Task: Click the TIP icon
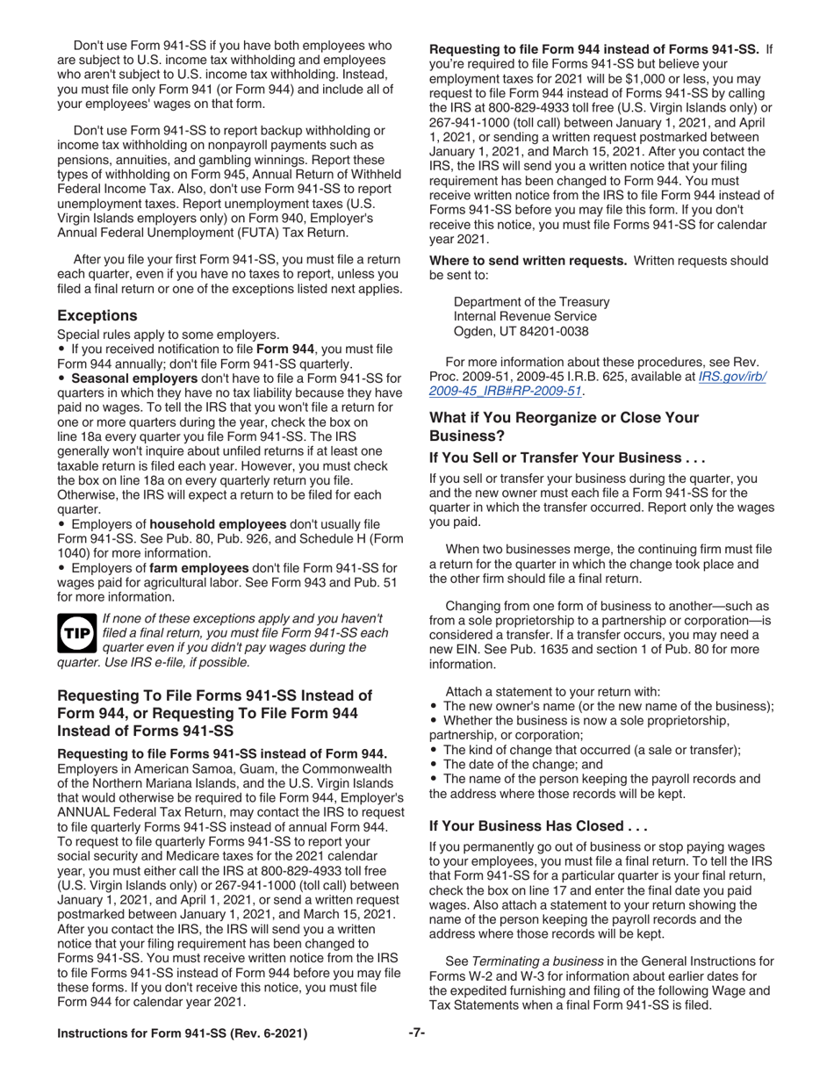(76, 631)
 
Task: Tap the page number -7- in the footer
(417, 1033)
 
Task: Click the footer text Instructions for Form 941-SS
(182, 1033)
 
